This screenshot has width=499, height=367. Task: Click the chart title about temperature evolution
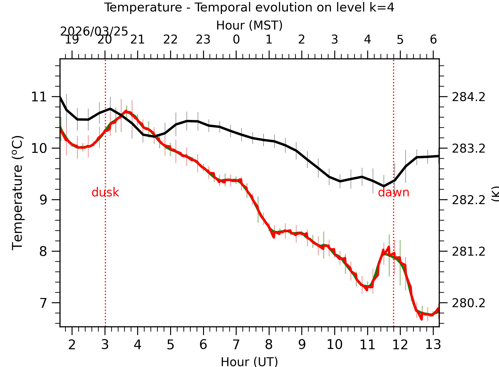(x=249, y=7)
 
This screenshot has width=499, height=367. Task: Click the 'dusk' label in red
(x=105, y=192)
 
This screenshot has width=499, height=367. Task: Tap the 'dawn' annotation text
(x=393, y=192)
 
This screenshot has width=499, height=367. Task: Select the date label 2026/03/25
(x=94, y=31)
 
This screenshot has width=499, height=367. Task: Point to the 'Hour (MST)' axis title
(x=249, y=25)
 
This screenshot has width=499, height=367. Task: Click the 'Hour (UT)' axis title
(x=249, y=361)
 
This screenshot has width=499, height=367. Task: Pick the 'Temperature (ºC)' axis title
(x=17, y=193)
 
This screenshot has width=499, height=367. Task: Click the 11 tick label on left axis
(x=39, y=97)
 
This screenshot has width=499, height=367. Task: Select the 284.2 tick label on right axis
(x=468, y=97)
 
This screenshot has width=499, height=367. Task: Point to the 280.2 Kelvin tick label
(x=468, y=303)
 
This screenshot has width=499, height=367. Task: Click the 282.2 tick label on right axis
(x=468, y=200)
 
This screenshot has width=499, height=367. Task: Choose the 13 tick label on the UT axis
(x=433, y=344)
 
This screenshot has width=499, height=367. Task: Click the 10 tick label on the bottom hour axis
(x=334, y=344)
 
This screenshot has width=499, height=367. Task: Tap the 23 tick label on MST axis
(x=203, y=40)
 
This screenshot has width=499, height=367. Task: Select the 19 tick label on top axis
(x=72, y=40)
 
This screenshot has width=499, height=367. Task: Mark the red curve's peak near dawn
(x=389, y=247)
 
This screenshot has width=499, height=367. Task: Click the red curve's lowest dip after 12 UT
(x=421, y=319)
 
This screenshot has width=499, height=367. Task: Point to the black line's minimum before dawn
(x=384, y=186)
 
